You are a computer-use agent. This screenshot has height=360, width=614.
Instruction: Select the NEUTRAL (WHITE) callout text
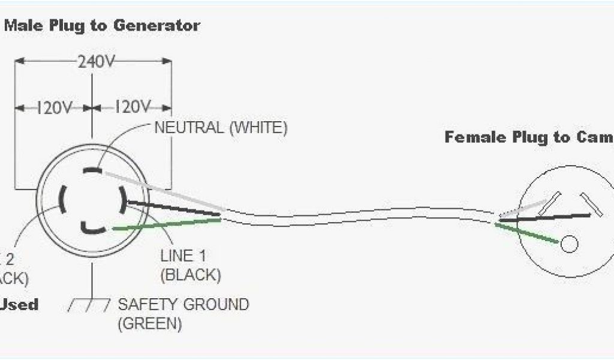221,127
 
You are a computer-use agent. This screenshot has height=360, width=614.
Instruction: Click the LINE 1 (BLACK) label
191,265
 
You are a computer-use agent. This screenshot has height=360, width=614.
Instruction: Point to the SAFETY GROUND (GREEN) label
183,313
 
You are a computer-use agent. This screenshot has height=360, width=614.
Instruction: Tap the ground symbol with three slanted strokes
89,305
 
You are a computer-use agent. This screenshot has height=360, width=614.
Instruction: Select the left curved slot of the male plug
62,198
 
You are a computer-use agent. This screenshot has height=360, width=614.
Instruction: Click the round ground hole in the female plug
568,244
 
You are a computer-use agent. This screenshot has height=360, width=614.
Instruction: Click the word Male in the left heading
21,26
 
